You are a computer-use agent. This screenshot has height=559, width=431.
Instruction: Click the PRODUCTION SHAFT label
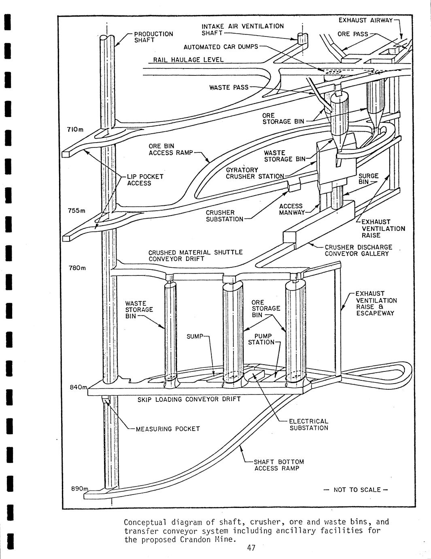coord(153,37)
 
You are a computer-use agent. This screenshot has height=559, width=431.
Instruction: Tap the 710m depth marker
coord(75,129)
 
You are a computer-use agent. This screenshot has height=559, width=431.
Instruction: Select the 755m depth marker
coord(76,211)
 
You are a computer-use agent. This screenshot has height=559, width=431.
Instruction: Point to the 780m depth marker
coord(77,268)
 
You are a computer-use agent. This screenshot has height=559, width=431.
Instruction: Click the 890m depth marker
coord(79,489)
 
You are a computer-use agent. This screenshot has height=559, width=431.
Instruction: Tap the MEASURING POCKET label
coord(168,429)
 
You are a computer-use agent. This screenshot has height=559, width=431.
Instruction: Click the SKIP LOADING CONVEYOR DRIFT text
coord(189,399)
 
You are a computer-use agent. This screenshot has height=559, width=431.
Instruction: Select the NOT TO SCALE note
coord(357,490)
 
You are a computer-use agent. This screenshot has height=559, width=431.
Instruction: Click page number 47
coord(251,548)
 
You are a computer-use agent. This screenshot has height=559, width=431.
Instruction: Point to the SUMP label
coord(195,336)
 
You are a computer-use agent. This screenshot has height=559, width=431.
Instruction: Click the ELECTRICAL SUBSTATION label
coord(309,425)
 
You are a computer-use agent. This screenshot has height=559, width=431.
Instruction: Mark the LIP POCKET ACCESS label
coord(145,180)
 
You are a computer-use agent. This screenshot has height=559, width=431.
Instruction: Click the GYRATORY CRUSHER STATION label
coord(255,173)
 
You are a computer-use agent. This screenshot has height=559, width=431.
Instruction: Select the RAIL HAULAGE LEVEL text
coord(189,60)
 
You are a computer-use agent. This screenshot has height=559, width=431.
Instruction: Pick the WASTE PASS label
coord(229,87)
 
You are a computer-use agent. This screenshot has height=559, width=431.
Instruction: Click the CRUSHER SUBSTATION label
coord(224,216)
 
